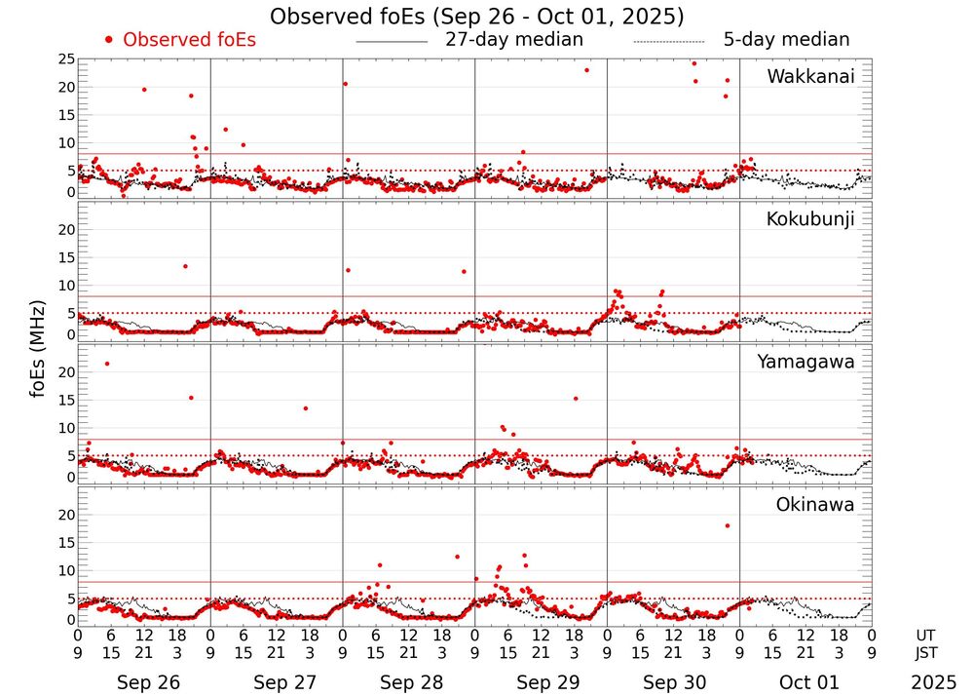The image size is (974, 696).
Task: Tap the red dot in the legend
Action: [109, 40]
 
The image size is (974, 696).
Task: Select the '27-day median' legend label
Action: [514, 40]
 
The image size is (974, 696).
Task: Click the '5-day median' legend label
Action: [786, 40]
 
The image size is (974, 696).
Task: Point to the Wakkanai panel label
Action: [810, 77]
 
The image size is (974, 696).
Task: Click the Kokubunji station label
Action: [810, 219]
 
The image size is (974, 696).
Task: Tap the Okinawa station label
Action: [814, 505]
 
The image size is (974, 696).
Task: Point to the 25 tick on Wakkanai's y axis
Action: [65, 59]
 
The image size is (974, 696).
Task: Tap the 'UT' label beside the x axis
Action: [926, 634]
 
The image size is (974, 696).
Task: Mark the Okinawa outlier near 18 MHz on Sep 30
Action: [727, 525]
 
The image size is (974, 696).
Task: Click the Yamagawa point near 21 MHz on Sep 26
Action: [106, 364]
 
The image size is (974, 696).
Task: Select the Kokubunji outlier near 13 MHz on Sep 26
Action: [185, 266]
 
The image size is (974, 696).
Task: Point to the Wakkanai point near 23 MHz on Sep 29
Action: [586, 70]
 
